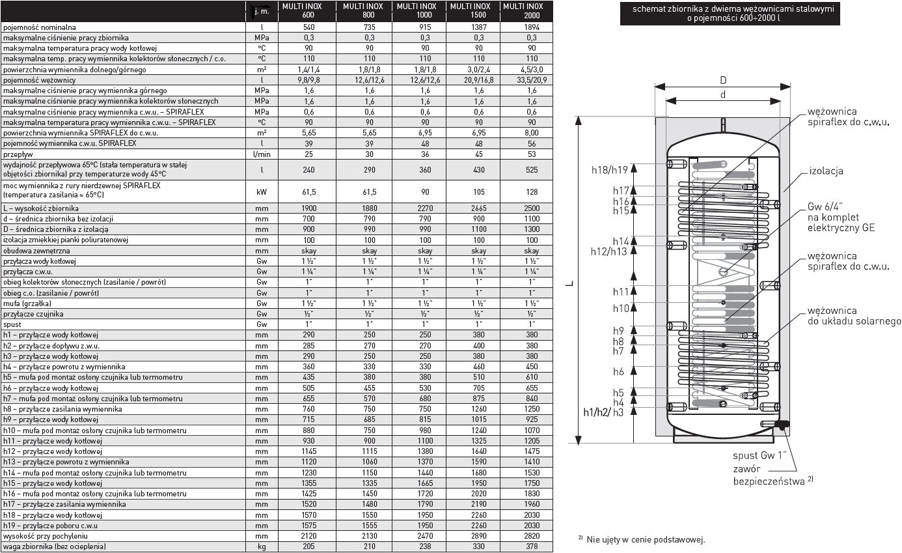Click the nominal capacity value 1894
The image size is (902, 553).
coord(531,28)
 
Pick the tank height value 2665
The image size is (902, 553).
coord(478,208)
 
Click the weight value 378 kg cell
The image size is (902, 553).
coord(531,546)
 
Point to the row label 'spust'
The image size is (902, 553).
coord(12,324)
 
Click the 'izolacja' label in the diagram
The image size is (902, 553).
coord(826,171)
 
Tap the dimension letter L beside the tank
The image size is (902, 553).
coord(569,284)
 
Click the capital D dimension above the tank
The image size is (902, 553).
coord(722,80)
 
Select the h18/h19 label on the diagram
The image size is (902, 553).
coord(609,169)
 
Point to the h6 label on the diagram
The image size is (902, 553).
coord(618,371)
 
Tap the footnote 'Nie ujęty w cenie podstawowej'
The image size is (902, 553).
coord(645,539)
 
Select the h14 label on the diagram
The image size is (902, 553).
coord(620,240)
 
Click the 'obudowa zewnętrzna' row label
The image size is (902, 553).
coord(36,250)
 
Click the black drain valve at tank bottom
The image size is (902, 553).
coord(783,425)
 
